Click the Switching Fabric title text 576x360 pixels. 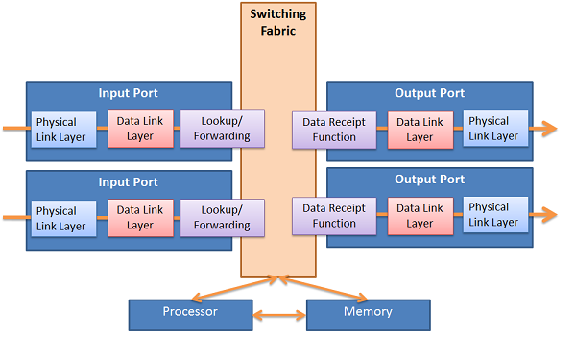pyautogui.click(x=278, y=22)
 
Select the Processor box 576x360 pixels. pyautogui.click(x=190, y=312)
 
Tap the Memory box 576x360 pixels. pyautogui.click(x=368, y=312)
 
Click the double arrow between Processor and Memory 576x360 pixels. pyautogui.click(x=279, y=313)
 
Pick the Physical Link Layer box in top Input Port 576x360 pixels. pyautogui.click(x=65, y=129)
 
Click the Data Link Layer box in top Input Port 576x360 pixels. pyautogui.click(x=140, y=129)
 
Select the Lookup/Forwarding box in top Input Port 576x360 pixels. pyautogui.click(x=215, y=129)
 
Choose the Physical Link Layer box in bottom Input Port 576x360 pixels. pyautogui.click(x=65, y=218)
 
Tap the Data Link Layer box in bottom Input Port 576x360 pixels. pyautogui.click(x=140, y=218)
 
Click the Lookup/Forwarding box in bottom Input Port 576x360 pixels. pyautogui.click(x=215, y=218)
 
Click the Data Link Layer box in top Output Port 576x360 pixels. pyautogui.click(x=420, y=130)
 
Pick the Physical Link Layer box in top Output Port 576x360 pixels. pyautogui.click(x=495, y=129)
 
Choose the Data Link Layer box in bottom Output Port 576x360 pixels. pyautogui.click(x=420, y=215)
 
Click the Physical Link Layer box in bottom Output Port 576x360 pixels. pyautogui.click(x=495, y=215)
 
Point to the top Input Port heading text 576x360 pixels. pyautogui.click(x=129, y=93)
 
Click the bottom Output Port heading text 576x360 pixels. pyautogui.click(x=429, y=180)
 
